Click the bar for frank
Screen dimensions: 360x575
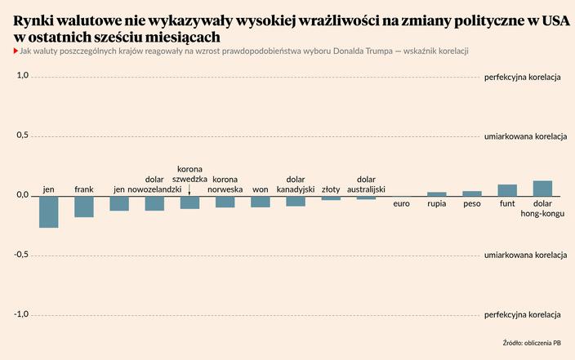pyautogui.click(x=84, y=206)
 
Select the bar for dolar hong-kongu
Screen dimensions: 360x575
pyautogui.click(x=542, y=188)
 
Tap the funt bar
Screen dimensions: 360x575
pyautogui.click(x=507, y=189)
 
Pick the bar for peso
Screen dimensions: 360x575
pyautogui.click(x=472, y=193)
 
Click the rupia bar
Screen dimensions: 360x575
pyautogui.click(x=437, y=193)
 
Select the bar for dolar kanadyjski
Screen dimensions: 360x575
pyautogui.click(x=296, y=201)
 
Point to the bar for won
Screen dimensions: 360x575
pyautogui.click(x=261, y=201)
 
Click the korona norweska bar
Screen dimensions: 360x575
pyautogui.click(x=225, y=201)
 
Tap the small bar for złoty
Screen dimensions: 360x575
pyautogui.click(x=331, y=198)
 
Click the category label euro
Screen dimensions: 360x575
pyautogui.click(x=401, y=202)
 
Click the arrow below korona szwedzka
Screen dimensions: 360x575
pyautogui.click(x=189, y=189)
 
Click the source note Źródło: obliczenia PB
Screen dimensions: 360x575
pyautogui.click(x=537, y=343)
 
